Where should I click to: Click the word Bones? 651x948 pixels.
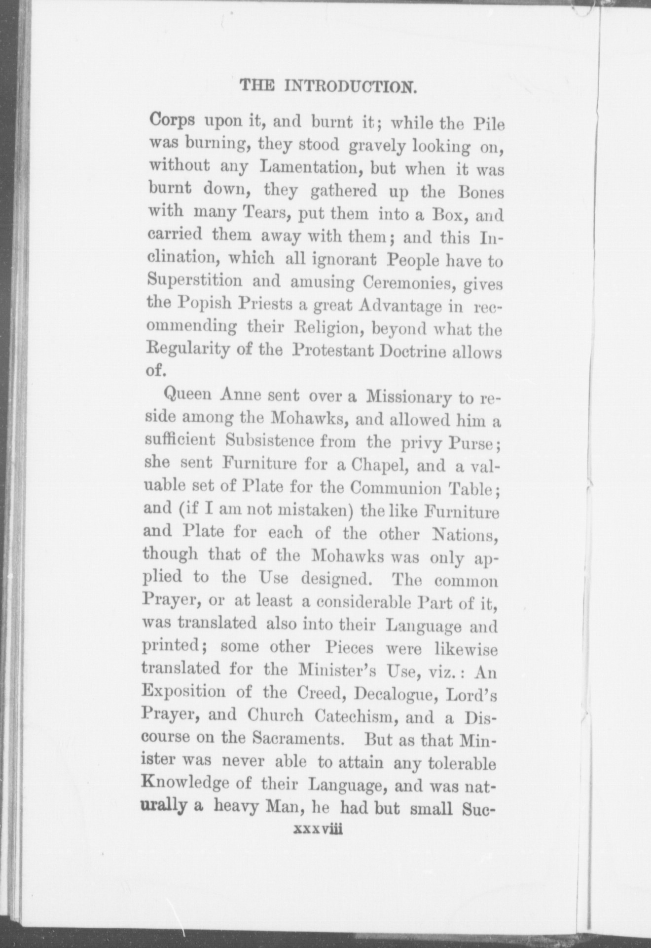point(476,192)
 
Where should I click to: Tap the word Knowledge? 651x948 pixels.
point(198,784)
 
